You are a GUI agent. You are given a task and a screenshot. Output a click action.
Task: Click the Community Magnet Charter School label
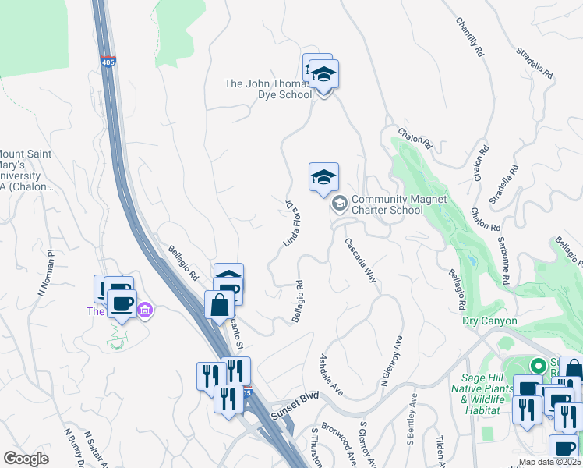[x=398, y=204]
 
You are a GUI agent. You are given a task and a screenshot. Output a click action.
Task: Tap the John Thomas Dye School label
[x=268, y=89]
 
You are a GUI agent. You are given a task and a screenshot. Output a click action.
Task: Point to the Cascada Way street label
[x=360, y=260]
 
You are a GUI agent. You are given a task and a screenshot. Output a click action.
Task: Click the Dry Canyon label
[x=489, y=321]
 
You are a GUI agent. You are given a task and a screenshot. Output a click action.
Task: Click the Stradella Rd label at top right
[x=535, y=64]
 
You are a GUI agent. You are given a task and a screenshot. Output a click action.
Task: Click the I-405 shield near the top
[x=108, y=61]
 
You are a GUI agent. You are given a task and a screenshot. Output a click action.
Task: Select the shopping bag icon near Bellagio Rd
[x=219, y=305]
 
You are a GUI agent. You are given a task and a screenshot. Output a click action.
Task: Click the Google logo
[x=26, y=459]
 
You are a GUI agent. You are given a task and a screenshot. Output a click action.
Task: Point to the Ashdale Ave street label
[x=332, y=373]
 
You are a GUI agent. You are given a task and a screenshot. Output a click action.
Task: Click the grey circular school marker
[x=339, y=204]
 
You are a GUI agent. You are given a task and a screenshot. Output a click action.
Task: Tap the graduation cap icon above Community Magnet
[x=323, y=177]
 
